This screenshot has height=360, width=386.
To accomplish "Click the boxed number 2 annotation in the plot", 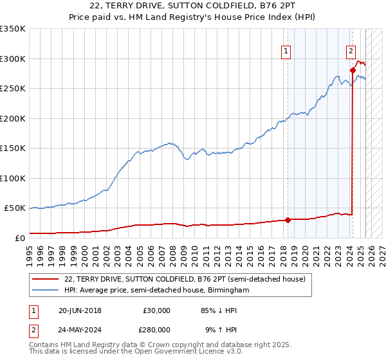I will click(x=351, y=51).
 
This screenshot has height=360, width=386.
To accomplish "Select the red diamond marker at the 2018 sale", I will click(x=288, y=220).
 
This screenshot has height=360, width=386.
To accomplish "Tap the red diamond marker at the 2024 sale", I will click(x=353, y=71).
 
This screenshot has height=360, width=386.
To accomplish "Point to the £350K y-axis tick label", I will click(x=13, y=29).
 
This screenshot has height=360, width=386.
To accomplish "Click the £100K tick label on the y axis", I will click(x=13, y=178).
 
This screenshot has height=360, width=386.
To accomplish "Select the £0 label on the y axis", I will click(x=19, y=238).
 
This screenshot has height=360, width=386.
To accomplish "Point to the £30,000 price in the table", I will click(x=156, y=310).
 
